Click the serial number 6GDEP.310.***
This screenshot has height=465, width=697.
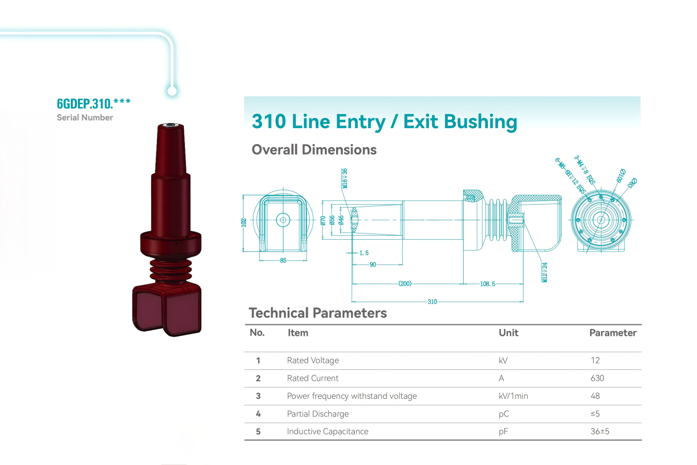(x=93, y=103)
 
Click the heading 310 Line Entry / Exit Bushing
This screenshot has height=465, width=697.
(x=384, y=122)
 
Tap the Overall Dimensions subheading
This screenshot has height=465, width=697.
(x=314, y=150)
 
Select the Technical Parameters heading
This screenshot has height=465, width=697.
(x=318, y=313)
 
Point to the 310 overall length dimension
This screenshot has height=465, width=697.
(x=432, y=302)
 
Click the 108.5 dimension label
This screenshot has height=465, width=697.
(x=487, y=284)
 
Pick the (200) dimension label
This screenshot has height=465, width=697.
(x=405, y=284)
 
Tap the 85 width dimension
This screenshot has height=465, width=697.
(x=283, y=260)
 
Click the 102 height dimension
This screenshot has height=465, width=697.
(x=244, y=222)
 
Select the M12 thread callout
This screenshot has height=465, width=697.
(x=545, y=272)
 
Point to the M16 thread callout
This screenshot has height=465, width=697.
(x=344, y=178)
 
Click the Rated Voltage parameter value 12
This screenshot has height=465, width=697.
(x=595, y=361)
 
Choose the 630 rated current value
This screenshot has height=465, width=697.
(x=597, y=378)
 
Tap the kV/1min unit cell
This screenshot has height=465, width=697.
(x=513, y=396)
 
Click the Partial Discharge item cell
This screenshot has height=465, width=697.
(x=318, y=414)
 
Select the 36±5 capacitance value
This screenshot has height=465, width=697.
(x=600, y=431)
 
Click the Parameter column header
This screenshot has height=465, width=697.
(x=613, y=333)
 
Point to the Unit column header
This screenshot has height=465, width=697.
(x=508, y=333)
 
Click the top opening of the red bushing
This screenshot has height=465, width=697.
(x=169, y=126)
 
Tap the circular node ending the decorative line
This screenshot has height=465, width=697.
(x=172, y=91)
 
